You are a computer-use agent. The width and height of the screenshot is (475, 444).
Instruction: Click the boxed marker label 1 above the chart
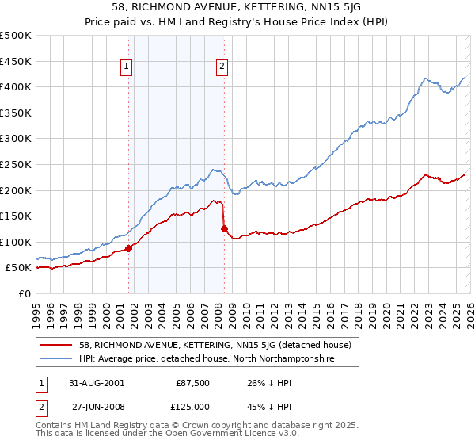[x=127, y=67]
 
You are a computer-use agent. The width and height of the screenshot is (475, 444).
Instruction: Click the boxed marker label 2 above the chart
[x=222, y=67]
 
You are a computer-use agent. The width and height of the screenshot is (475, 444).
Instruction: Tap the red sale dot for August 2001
[x=129, y=248]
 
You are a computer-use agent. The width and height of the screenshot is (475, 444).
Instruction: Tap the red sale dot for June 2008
[x=224, y=229]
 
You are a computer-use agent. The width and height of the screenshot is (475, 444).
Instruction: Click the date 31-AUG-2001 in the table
[x=97, y=382]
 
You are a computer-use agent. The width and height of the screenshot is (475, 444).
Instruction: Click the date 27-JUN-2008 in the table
[x=97, y=406]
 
